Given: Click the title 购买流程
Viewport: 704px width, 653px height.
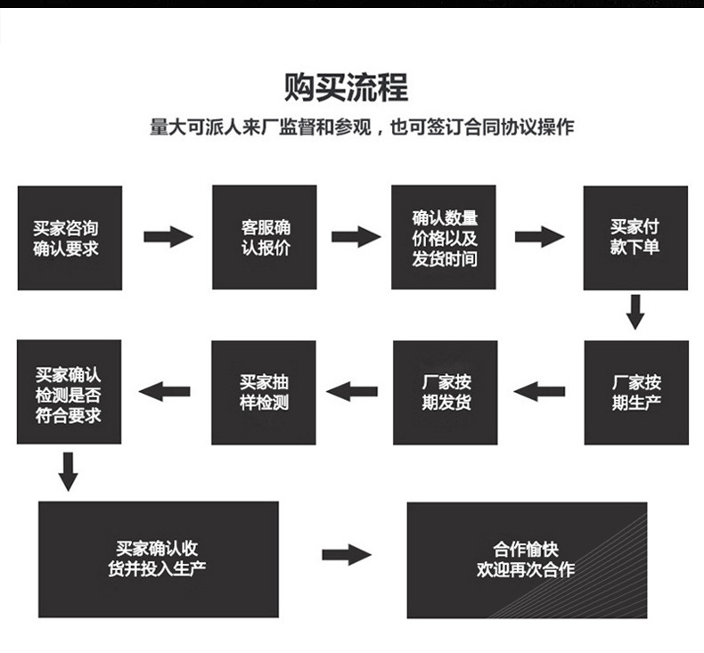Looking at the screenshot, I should pyautogui.click(x=346, y=88).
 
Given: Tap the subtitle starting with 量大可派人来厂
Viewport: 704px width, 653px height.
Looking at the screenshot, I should pyautogui.click(x=361, y=127).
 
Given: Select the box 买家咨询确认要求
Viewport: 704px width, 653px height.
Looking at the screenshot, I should pyautogui.click(x=70, y=238).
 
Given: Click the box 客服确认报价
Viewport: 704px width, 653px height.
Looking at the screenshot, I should pyautogui.click(x=264, y=238).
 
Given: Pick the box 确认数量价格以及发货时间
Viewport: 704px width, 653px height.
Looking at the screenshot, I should pyautogui.click(x=444, y=238).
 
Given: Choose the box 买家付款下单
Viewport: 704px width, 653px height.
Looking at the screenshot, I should pyautogui.click(x=635, y=238).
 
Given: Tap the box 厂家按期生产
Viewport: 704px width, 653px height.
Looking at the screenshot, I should pyautogui.click(x=636, y=392).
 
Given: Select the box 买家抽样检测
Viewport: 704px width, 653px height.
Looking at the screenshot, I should pyautogui.click(x=264, y=392).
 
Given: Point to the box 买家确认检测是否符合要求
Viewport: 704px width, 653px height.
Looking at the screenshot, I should pyautogui.click(x=70, y=392).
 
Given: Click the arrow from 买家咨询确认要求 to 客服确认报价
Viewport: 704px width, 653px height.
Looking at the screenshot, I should pyautogui.click(x=168, y=237).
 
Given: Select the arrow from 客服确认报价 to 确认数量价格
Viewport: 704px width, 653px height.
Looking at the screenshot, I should pyautogui.click(x=356, y=237).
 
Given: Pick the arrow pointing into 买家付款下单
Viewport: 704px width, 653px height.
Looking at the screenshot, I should pyautogui.click(x=539, y=237).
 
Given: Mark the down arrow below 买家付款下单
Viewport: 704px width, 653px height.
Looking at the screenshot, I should pyautogui.click(x=634, y=312).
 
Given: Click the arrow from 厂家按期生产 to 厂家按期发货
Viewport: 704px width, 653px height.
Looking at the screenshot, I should pyautogui.click(x=540, y=390).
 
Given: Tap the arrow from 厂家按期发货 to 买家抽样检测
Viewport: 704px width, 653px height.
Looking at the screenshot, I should pyautogui.click(x=352, y=390).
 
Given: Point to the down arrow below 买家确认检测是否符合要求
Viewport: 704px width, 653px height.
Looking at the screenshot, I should pyautogui.click(x=69, y=469).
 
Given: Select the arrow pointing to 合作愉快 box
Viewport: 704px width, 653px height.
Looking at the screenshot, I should pyautogui.click(x=346, y=555).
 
